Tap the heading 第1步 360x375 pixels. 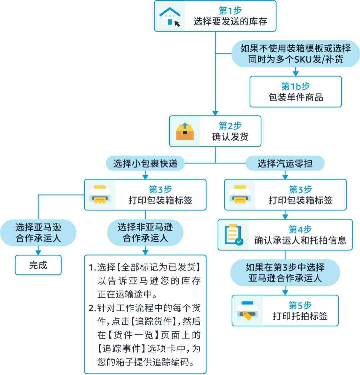tap(230, 11)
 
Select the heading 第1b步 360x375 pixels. tap(296, 86)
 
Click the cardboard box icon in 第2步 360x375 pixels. tap(185, 131)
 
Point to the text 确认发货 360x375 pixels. tap(230, 137)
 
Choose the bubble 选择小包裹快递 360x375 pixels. tap(145, 163)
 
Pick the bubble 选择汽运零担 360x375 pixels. tap(285, 163)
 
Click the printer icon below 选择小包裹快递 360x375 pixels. tap(100, 194)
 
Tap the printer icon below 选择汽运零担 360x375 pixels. tap(240, 194)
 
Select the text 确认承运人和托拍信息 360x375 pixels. tap(300, 240)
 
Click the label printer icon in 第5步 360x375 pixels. tap(247, 310)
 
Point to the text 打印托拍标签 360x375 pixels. tap(300, 316)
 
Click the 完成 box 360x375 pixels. tap(38, 265)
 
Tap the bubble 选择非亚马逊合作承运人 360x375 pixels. tap(145, 232)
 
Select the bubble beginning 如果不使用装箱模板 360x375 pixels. tap(296, 54)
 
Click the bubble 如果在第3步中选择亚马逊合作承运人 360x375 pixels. tap(285, 273)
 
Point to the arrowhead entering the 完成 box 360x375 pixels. tap(38, 252)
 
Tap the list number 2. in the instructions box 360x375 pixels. tap(92, 308)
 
